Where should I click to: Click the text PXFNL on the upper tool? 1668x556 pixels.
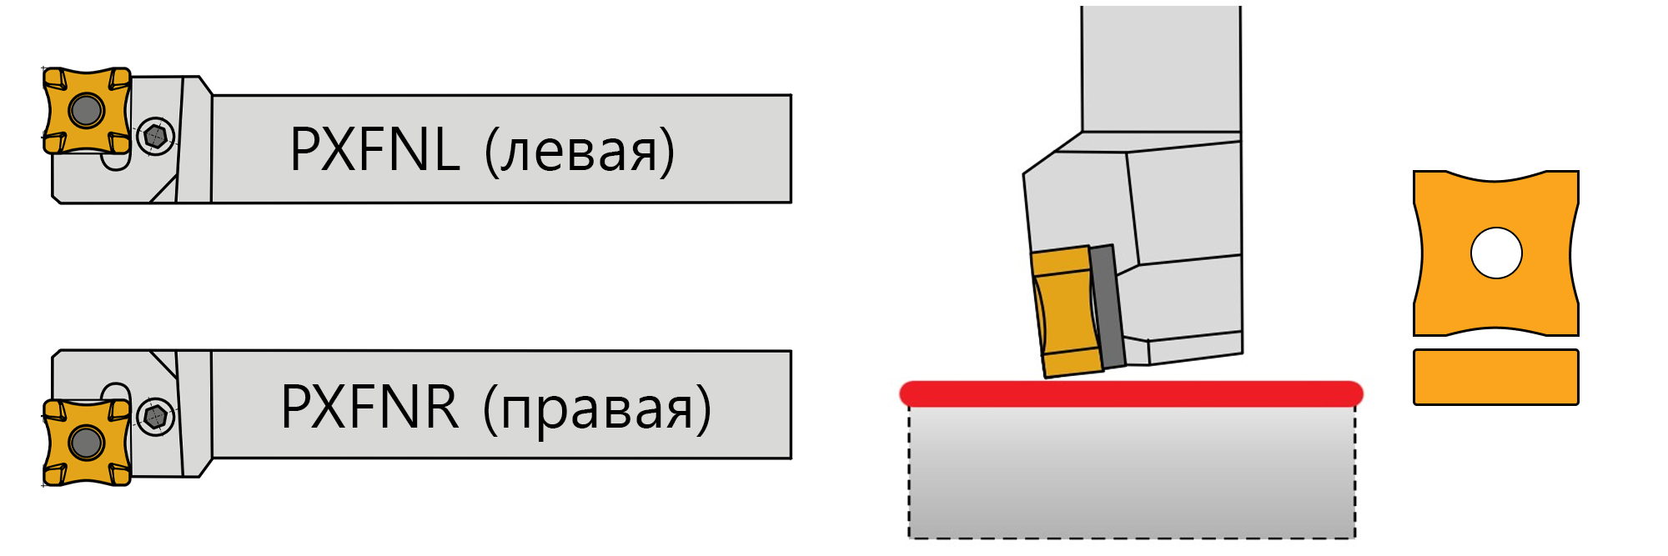point(374,150)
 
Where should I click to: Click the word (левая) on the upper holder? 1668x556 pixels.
point(580,152)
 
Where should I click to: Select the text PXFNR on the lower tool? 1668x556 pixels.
point(369,408)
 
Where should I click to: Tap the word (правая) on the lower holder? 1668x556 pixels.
point(597,409)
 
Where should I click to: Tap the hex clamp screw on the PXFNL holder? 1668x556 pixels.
point(155,135)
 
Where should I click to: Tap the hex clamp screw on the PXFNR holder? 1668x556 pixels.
point(155,416)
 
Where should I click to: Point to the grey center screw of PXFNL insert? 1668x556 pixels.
point(87,109)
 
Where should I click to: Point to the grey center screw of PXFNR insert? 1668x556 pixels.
point(87,442)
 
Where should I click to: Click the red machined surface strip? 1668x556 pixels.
point(1131,393)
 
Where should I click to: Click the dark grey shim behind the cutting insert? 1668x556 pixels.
point(1107,307)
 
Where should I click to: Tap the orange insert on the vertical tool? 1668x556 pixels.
point(1065,313)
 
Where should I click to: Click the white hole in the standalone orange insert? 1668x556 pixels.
point(1496,253)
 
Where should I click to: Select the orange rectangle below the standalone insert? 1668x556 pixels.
point(1495,377)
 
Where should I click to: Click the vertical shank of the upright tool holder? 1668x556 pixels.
point(1160,67)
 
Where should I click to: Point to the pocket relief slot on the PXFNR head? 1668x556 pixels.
point(115,392)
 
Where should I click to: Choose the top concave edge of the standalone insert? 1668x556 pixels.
point(1496,178)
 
